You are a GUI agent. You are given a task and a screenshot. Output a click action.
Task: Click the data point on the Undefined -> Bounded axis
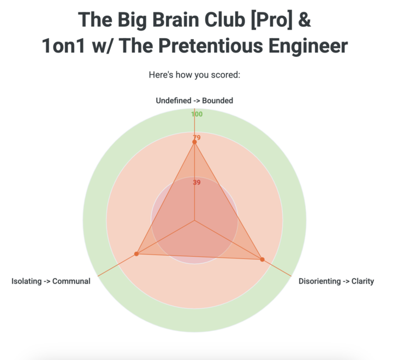coord(194,142)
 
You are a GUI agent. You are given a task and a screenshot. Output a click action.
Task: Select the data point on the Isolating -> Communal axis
coord(136,254)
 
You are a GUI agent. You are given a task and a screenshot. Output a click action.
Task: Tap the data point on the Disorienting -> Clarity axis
coord(262,259)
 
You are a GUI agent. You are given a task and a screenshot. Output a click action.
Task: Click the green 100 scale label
coord(196,114)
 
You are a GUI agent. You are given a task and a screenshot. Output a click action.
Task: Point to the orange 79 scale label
coord(196,138)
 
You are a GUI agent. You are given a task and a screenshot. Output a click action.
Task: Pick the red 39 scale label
coord(196,182)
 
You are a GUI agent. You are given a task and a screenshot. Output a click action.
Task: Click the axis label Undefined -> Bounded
coord(194,101)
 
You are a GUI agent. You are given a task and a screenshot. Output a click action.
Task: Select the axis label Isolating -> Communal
coord(51,281)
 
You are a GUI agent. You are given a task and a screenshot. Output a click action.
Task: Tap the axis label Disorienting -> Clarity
coord(336,281)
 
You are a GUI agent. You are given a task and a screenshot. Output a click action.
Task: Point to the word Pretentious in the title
coord(211,46)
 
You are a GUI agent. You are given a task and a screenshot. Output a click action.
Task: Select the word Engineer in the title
coord(308,46)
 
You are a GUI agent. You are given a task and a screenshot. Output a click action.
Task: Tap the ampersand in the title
coord(305,20)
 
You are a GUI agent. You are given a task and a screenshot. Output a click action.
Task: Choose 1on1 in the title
coord(63,46)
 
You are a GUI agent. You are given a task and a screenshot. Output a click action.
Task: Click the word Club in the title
coord(225,20)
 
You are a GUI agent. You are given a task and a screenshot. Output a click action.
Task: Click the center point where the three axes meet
coord(194,221)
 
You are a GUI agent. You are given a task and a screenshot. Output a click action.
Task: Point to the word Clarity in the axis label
coord(362,281)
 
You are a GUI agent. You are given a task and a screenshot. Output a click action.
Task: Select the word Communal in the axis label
coord(71,281)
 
